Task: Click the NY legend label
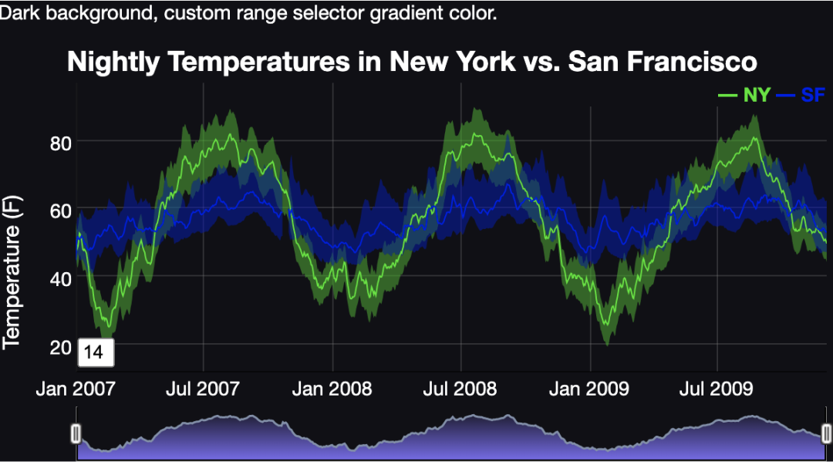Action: [x=757, y=95]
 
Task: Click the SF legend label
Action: [x=813, y=95]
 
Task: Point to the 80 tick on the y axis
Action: [x=60, y=143]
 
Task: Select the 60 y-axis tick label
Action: [x=60, y=211]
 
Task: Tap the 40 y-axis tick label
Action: [x=60, y=278]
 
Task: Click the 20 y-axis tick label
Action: [x=60, y=345]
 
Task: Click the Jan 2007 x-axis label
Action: [x=76, y=388]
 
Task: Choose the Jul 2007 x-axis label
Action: [x=203, y=388]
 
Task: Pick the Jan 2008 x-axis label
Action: [x=332, y=388]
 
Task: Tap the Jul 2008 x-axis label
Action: [x=460, y=388]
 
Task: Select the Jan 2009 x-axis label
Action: [x=589, y=388]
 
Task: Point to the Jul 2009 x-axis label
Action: [x=717, y=388]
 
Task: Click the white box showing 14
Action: [x=95, y=352]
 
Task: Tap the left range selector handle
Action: [x=76, y=433]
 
